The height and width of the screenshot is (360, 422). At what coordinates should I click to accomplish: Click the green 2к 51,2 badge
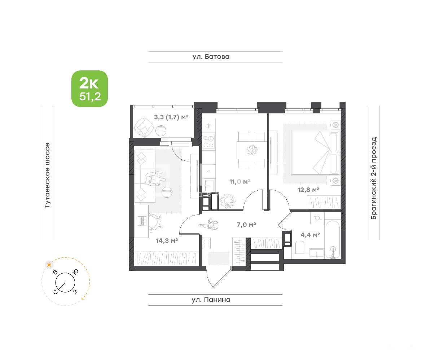click(89, 89)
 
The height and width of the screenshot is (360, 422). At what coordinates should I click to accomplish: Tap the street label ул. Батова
click(211, 57)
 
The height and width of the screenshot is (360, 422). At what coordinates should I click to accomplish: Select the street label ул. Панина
click(211, 300)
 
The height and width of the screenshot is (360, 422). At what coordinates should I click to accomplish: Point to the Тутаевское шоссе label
click(47, 175)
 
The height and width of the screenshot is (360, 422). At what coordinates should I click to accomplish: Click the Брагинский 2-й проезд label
click(374, 178)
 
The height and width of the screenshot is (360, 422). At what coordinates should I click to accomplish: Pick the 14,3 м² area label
click(167, 240)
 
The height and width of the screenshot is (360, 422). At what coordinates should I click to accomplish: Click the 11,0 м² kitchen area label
click(240, 182)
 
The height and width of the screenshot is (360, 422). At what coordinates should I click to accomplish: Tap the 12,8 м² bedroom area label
click(308, 190)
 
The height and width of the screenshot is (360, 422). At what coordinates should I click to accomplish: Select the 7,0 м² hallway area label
click(246, 224)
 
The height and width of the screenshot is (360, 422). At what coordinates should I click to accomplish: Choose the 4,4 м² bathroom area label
click(310, 235)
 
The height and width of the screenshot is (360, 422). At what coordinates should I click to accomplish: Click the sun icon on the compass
click(49, 265)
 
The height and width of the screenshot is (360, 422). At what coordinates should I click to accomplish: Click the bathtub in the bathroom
click(333, 239)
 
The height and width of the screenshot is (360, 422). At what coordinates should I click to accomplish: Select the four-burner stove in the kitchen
click(208, 142)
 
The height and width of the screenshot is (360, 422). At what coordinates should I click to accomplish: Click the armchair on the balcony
click(143, 128)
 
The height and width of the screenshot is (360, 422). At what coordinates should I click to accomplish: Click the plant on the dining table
click(252, 150)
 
